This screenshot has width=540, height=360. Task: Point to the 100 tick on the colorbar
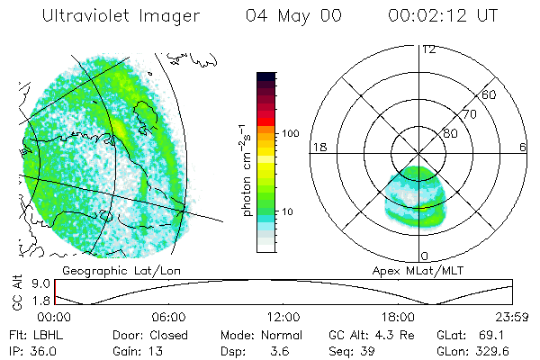coord(291,133)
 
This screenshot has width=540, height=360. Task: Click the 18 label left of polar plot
coord(318,147)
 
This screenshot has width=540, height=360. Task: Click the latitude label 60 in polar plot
coord(490,94)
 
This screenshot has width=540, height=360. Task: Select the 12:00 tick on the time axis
coord(283,317)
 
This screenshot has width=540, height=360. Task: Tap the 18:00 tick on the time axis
coord(399,317)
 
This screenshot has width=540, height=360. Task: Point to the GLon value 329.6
coord(494,351)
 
